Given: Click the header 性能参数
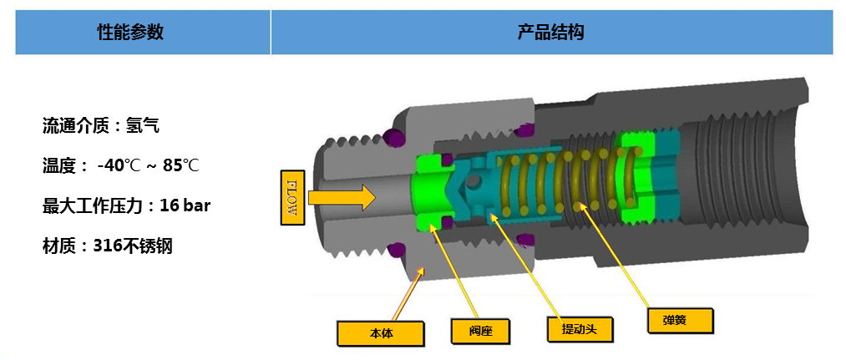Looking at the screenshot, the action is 130,33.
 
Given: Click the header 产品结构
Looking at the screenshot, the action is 551,33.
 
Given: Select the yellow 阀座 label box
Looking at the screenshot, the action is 479,329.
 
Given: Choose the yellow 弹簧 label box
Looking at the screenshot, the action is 680,320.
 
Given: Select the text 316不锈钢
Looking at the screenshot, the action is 133,246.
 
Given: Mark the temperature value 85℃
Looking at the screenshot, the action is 180,165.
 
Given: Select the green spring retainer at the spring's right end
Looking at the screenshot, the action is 638,179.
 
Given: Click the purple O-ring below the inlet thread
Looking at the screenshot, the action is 396,250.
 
